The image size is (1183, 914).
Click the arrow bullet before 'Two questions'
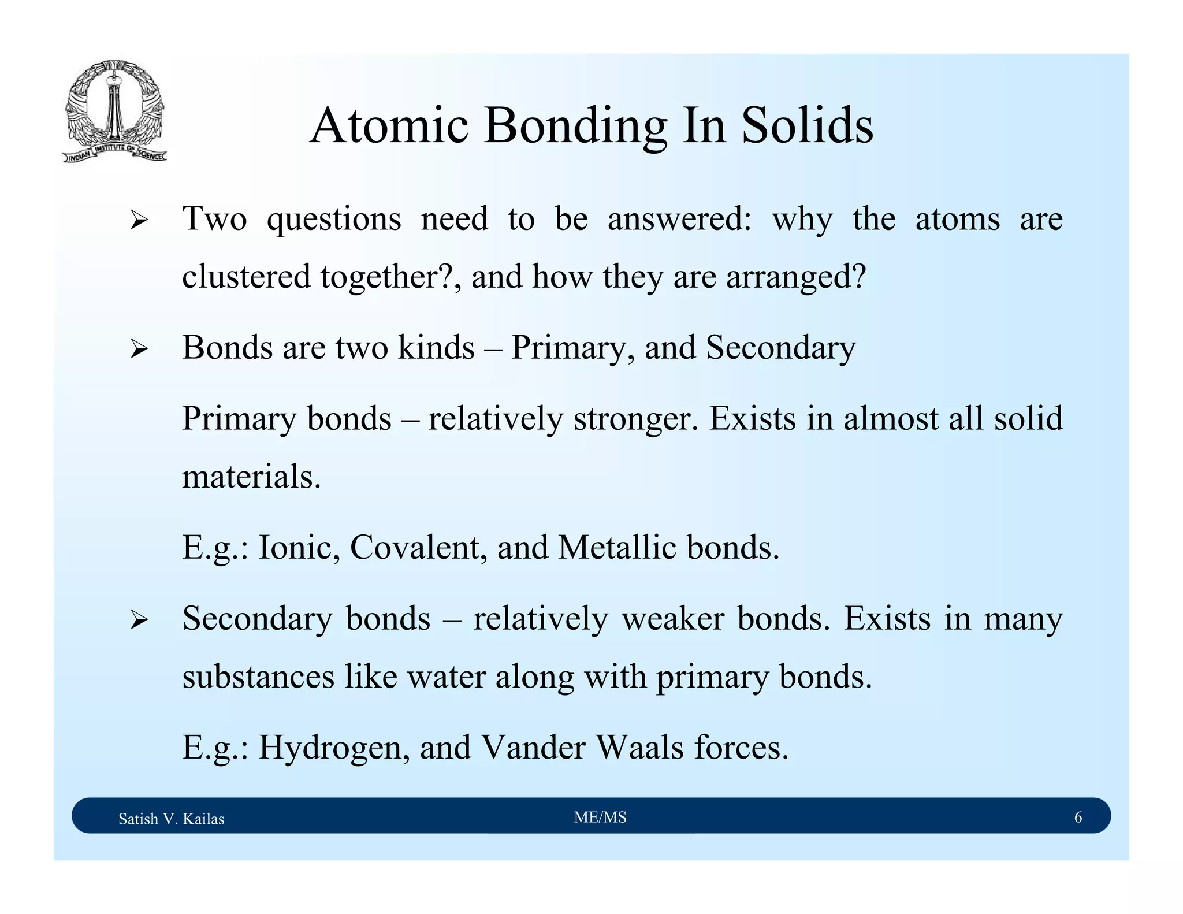139,220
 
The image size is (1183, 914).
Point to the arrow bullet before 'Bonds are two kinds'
139,349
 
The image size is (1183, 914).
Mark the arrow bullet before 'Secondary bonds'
139,620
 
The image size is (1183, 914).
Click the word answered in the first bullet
679,220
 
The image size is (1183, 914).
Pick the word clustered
247,276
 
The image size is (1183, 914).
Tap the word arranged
796,277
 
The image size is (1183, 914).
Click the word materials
251,477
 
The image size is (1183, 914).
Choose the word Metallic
617,547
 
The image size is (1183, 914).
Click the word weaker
673,619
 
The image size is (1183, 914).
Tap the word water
447,677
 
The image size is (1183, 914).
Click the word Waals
640,748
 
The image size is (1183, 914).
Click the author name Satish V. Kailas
171,819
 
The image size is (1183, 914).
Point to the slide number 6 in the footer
1078,818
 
